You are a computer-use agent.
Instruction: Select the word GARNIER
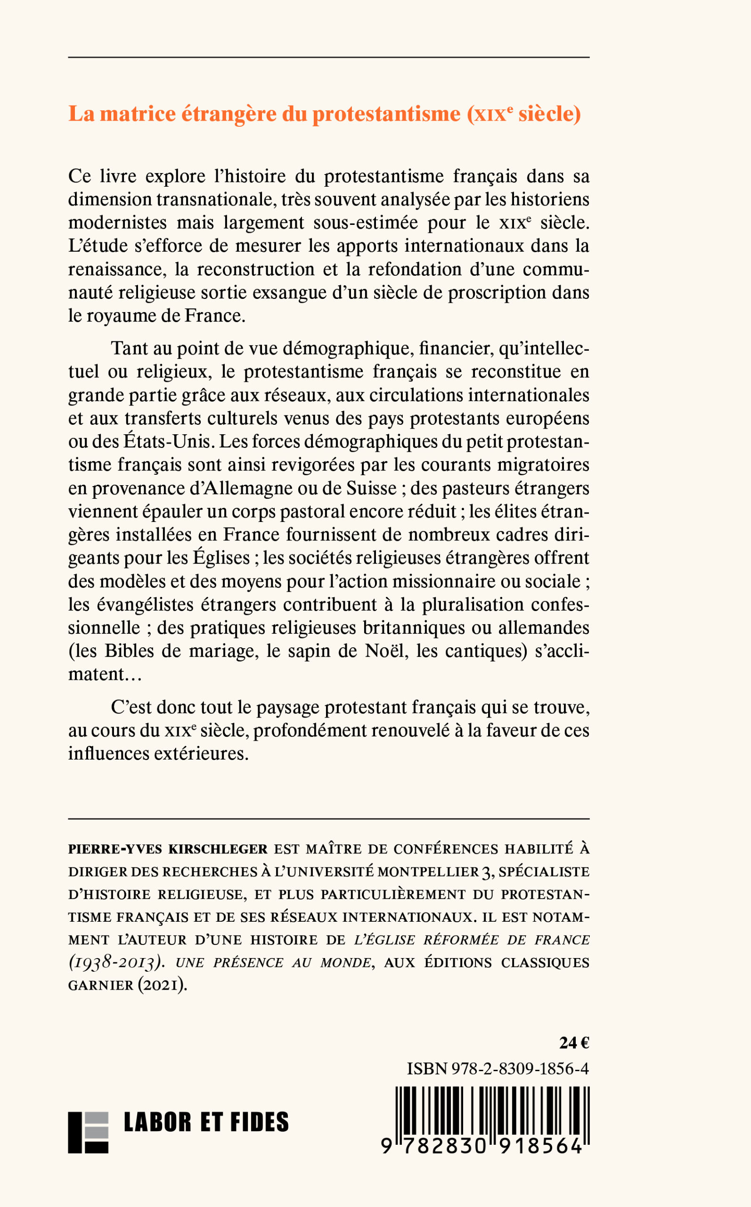coord(100,985)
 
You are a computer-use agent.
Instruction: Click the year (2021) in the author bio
coord(163,985)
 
